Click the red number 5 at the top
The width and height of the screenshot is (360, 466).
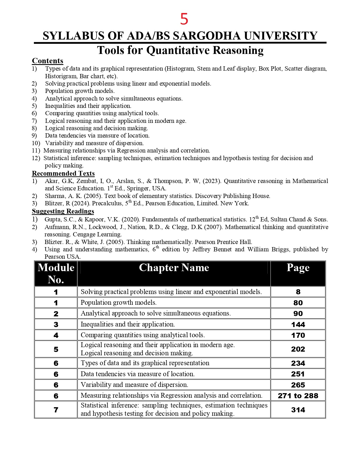click(x=184, y=19)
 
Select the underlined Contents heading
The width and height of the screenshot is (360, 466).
click(x=47, y=61)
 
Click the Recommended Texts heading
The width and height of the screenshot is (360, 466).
click(x=63, y=173)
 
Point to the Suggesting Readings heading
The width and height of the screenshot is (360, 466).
click(x=63, y=211)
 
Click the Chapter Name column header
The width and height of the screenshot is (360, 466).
click(x=174, y=268)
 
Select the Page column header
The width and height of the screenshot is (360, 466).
click(x=298, y=268)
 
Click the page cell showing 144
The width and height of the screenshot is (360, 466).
click(x=298, y=325)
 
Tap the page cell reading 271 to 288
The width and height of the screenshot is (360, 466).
click(x=298, y=396)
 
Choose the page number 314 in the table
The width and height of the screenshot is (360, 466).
click(x=298, y=410)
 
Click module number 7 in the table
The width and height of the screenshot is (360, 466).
click(x=56, y=410)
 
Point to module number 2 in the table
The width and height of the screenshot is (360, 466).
click(x=56, y=314)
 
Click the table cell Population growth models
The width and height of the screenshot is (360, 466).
click(x=119, y=303)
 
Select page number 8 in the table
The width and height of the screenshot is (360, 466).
click(x=298, y=292)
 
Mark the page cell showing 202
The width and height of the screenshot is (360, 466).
click(x=298, y=349)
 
